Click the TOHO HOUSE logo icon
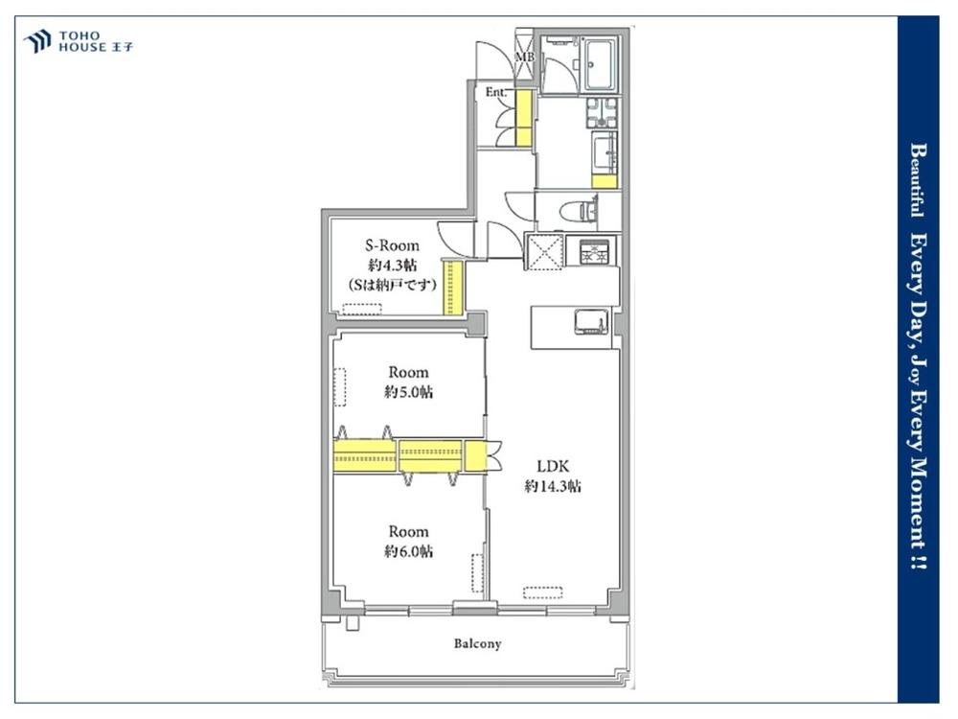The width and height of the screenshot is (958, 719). (x=36, y=41)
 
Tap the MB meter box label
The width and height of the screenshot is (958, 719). (x=524, y=57)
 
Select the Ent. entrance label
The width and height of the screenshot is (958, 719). (x=496, y=92)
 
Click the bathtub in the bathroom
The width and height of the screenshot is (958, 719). (x=602, y=65)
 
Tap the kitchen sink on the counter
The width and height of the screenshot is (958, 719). (x=592, y=322)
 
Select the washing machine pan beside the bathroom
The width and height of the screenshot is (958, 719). (x=603, y=112)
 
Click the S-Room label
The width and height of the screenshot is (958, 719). (x=392, y=245)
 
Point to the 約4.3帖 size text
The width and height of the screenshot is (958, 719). (x=392, y=266)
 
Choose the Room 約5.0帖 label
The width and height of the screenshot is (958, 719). (x=408, y=383)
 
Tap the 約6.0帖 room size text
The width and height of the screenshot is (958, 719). (x=408, y=551)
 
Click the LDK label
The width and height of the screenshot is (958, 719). (x=553, y=467)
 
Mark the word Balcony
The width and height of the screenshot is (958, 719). (x=478, y=644)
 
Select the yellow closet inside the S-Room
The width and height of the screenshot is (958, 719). (x=453, y=288)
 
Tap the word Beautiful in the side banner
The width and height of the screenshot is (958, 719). (x=917, y=180)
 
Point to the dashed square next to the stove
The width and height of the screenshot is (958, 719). (x=544, y=251)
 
